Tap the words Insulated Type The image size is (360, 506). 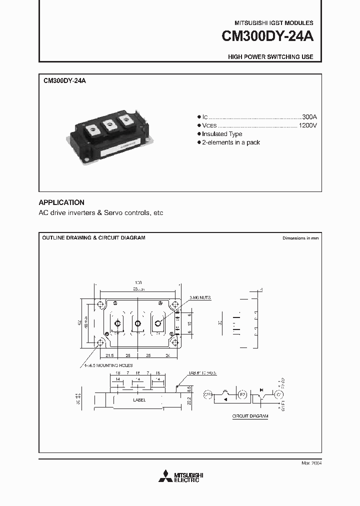tap(222, 134)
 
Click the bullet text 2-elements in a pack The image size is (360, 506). tap(231, 142)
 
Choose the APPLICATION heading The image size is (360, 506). tap(61, 202)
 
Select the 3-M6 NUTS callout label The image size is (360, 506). tap(200, 297)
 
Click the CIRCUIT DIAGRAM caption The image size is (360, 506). tap(250, 416)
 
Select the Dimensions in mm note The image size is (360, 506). tap(300, 238)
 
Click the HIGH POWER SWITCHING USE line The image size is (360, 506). tap(270, 57)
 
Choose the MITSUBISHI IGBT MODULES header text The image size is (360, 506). tap(274, 23)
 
